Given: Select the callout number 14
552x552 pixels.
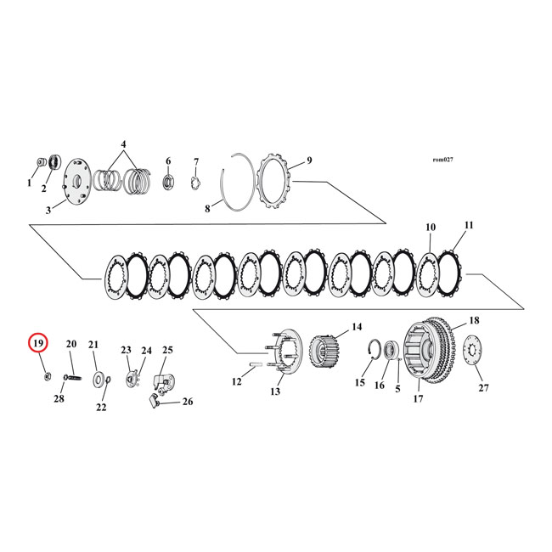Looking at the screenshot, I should pyautogui.click(x=356, y=326).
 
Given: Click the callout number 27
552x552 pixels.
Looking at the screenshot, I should pyautogui.click(x=483, y=388).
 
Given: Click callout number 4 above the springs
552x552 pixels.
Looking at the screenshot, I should pyautogui.click(x=123, y=144).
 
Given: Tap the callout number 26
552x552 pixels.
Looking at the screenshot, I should pyautogui.click(x=188, y=402).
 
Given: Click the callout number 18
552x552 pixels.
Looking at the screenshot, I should pyautogui.click(x=474, y=321).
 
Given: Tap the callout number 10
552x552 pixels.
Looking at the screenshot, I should pyautogui.click(x=431, y=228).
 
